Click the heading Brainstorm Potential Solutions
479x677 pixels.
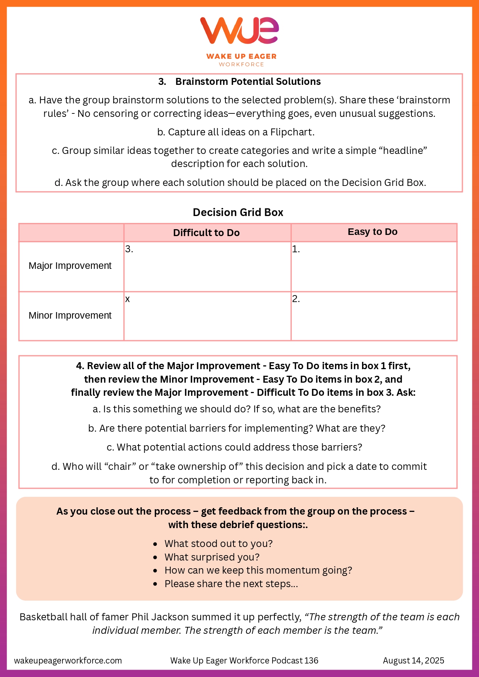(x=248, y=82)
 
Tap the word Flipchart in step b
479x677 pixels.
(x=292, y=132)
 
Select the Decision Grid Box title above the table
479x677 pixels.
(x=238, y=213)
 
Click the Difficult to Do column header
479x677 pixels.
(x=206, y=233)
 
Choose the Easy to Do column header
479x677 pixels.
(x=372, y=232)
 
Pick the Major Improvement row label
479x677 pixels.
(x=70, y=266)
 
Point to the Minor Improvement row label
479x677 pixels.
(x=70, y=316)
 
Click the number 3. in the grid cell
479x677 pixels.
(x=129, y=250)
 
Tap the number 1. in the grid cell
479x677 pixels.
(x=296, y=250)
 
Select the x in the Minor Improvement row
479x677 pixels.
(x=127, y=299)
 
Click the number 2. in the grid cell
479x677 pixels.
(x=296, y=299)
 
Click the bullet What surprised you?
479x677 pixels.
(x=212, y=557)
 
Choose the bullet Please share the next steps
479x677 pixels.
(x=231, y=584)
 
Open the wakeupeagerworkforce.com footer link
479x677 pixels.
(x=68, y=661)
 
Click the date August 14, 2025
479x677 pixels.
(x=413, y=661)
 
